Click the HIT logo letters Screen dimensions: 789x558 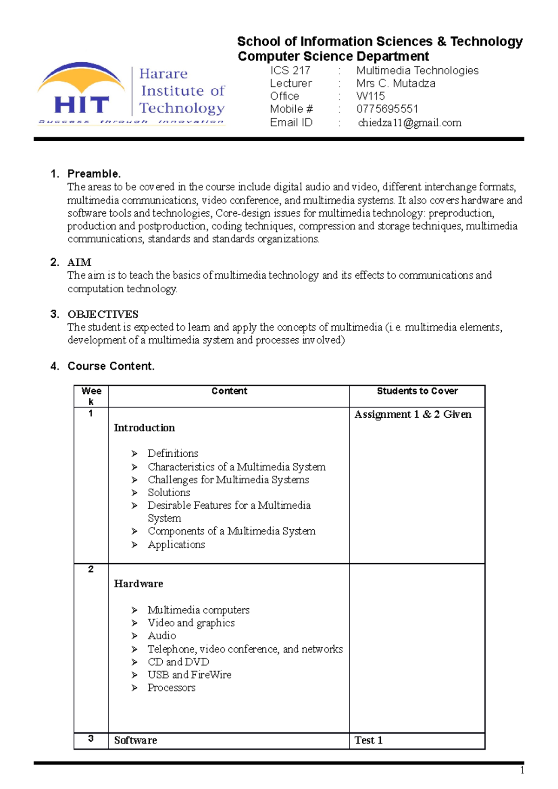(x=81, y=105)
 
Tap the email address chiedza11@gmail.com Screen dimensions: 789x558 (x=410, y=123)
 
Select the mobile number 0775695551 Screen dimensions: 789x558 (x=387, y=109)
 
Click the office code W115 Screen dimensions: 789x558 (x=371, y=96)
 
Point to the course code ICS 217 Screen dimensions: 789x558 (x=290, y=71)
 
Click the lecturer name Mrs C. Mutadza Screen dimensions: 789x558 (x=396, y=84)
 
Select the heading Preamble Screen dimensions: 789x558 (x=94, y=174)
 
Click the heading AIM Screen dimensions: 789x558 (x=80, y=262)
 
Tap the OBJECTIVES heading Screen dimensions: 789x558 (x=103, y=314)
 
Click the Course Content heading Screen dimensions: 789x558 (x=111, y=366)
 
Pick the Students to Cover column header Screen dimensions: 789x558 (x=417, y=391)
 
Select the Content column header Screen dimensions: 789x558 (x=229, y=391)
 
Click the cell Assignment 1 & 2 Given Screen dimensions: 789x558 (x=413, y=414)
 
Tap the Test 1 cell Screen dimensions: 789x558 (x=368, y=740)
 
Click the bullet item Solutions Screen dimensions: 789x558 (x=169, y=493)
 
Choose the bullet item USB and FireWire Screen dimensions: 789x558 (x=189, y=675)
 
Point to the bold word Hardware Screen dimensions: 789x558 (x=139, y=584)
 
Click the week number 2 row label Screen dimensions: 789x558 (x=91, y=569)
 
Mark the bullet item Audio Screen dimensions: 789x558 (x=162, y=636)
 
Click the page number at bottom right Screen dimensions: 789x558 (x=522, y=771)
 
